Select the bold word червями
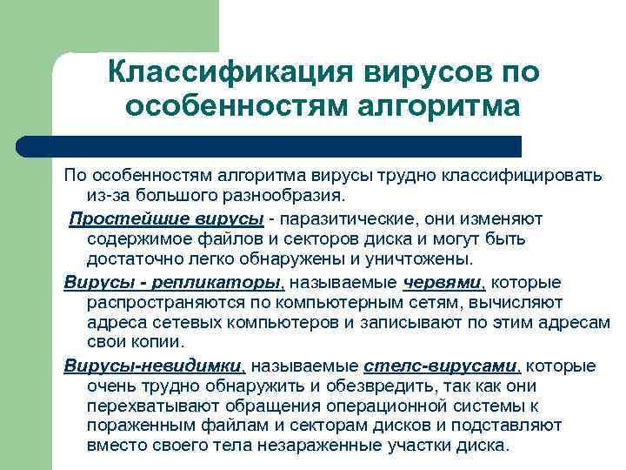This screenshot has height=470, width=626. click(442, 283)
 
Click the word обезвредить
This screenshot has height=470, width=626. click(336, 385)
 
